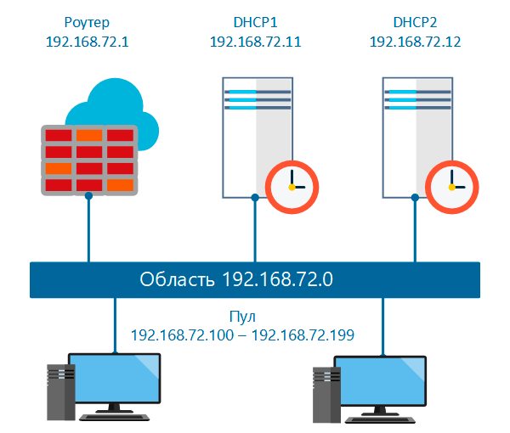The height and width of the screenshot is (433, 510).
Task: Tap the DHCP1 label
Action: click(255, 21)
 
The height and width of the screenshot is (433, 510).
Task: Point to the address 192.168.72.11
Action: click(255, 41)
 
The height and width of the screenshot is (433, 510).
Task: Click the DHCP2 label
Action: click(416, 21)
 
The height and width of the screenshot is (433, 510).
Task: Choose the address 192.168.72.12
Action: click(416, 41)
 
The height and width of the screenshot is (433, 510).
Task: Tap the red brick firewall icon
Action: click(89, 160)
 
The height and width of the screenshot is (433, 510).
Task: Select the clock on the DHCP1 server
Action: click(292, 186)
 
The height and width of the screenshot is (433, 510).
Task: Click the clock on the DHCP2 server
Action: click(452, 186)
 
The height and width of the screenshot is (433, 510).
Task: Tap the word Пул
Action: click(242, 316)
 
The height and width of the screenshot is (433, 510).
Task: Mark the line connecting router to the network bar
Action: click(88, 229)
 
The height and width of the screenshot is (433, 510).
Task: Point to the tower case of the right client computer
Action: click(326, 392)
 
